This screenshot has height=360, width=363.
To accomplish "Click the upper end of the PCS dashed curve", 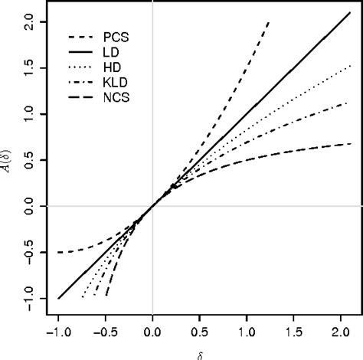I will [270, 22].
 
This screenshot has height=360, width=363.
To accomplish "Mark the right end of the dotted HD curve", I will [349, 66].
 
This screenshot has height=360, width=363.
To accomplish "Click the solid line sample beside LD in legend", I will [82, 51].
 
